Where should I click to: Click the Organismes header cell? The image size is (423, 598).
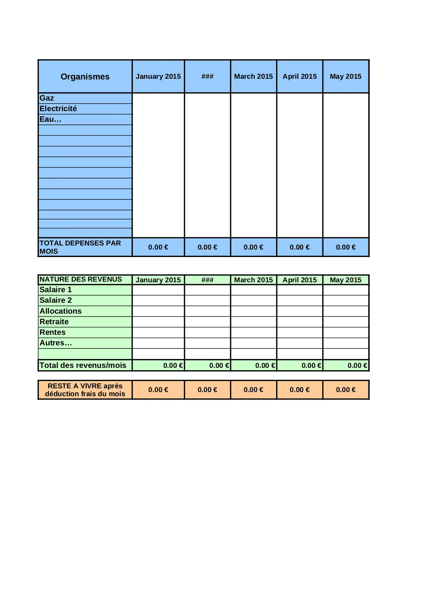coord(85,76)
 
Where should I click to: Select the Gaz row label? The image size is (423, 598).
coord(47,98)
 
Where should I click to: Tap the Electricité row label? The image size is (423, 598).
coord(58,109)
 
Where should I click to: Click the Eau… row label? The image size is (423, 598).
coord(50,119)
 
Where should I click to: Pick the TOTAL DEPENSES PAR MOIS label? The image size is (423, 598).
coord(80,247)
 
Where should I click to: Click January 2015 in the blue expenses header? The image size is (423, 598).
coord(158,76)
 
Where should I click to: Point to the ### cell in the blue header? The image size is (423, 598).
coord(207,76)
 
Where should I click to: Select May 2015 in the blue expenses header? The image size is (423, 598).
coord(346,76)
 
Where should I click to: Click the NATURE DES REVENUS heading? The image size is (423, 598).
coord(81,280)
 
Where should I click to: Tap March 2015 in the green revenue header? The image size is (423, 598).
coord(253,280)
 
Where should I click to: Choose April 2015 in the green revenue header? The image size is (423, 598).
coord(300,280)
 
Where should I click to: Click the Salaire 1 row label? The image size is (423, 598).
coord(56,290)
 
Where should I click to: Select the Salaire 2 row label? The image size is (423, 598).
coord(56,300)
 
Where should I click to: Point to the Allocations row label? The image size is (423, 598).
coord(61,311)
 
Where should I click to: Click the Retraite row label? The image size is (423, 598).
coord(54,322)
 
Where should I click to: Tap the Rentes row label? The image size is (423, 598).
coord(52,332)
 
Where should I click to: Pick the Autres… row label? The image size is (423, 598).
coord(56,343)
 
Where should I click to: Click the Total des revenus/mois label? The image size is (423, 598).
coord(83,365)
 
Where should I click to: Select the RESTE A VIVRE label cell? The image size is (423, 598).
coord(85,390)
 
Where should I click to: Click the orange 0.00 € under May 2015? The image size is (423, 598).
coord(346,390)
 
